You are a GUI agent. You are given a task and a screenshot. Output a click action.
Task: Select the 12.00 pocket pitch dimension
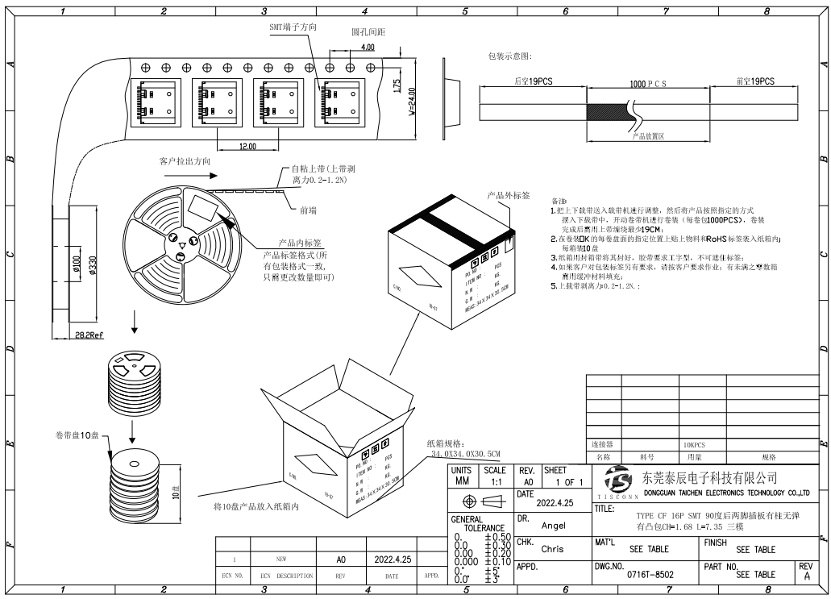[247, 147]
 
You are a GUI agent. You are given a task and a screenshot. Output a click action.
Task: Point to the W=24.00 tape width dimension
[412, 102]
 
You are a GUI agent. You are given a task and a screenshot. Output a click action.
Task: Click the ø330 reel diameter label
[93, 265]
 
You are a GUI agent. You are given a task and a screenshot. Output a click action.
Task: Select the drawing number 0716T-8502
[650, 575]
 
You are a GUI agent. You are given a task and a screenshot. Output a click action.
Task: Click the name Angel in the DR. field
[553, 525]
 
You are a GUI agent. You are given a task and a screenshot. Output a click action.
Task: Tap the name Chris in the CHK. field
[552, 549]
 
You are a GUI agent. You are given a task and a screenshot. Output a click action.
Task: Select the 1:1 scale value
[496, 481]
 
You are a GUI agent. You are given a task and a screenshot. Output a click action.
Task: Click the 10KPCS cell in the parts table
[694, 444]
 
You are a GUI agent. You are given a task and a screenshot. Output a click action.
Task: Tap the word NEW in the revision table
[281, 558]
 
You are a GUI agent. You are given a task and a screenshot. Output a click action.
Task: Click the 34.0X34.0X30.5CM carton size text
[466, 455]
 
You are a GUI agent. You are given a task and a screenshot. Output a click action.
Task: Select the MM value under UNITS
[462, 481]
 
